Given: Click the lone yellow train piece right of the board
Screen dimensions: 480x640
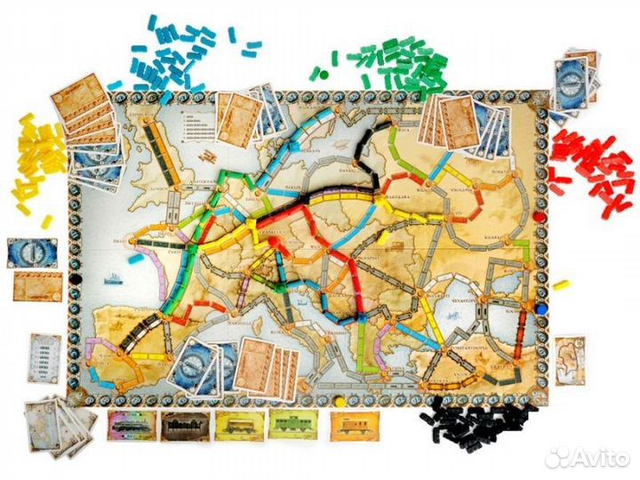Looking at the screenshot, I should [560, 285].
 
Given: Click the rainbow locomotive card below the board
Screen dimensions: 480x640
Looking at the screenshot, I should [131, 425].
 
